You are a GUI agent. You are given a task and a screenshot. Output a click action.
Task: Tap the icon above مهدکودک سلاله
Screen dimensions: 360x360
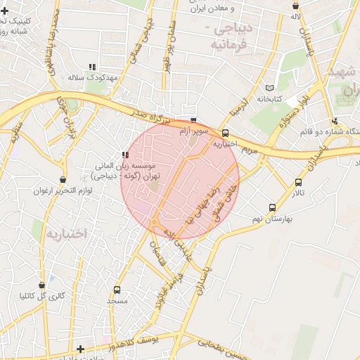point(93,66)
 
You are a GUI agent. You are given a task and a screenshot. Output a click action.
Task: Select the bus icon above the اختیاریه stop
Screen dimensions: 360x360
point(225,134)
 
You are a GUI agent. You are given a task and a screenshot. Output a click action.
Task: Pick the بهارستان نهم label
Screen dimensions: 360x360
point(272,219)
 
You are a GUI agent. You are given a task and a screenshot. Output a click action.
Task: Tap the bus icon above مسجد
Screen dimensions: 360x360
point(117,290)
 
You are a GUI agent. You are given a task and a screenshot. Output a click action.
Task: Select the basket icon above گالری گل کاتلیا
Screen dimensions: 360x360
point(42,285)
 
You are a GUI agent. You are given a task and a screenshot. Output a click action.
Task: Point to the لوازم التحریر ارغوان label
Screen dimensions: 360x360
point(63,191)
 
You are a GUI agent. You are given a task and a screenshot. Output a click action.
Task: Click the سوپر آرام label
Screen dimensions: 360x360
point(193,131)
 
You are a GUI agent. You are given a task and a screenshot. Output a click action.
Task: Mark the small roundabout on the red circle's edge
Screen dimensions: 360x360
point(154,223)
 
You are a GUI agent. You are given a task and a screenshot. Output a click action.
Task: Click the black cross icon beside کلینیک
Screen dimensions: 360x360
point(6,11)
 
